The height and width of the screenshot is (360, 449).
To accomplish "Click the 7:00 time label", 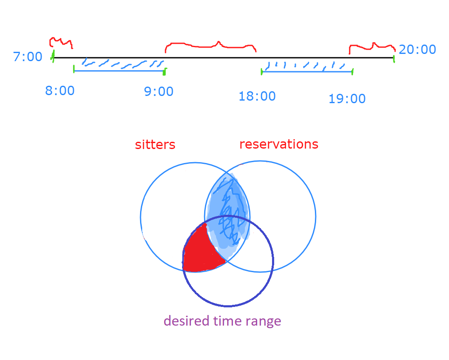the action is pyautogui.click(x=28, y=56).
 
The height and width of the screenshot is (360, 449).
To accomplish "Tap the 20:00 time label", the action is pyautogui.click(x=417, y=50).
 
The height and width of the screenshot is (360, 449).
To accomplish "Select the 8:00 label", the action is pyautogui.click(x=60, y=91).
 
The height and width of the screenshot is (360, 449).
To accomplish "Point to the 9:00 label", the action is pyautogui.click(x=159, y=91).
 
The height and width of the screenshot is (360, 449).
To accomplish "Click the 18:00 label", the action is pyautogui.click(x=257, y=96).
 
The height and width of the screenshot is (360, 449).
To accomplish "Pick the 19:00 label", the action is pyautogui.click(x=347, y=99).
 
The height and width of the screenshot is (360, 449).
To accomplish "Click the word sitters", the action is pyautogui.click(x=155, y=145).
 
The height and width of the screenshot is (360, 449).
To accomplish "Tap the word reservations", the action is pyautogui.click(x=279, y=144).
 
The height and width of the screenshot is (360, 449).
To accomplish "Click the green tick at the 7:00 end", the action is pyautogui.click(x=53, y=56).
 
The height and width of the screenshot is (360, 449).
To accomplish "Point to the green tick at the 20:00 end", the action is pyautogui.click(x=394, y=58).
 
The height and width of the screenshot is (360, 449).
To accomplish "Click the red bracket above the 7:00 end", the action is pyautogui.click(x=61, y=42).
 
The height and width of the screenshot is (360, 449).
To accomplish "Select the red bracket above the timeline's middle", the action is pyautogui.click(x=211, y=45).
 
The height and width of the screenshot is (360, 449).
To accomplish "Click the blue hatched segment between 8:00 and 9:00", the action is pyautogui.click(x=121, y=66).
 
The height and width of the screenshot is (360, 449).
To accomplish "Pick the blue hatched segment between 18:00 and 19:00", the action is pyautogui.click(x=306, y=68).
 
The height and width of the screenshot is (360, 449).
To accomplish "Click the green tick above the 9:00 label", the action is pyautogui.click(x=165, y=71).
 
